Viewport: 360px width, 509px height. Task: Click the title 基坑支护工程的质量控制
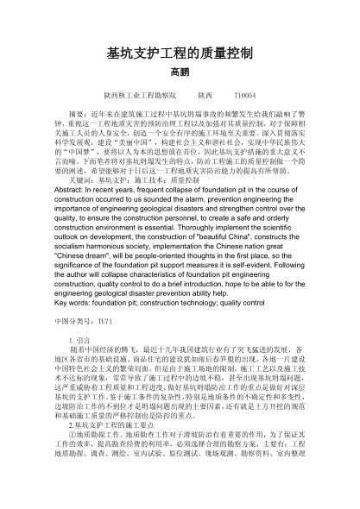[x=179, y=53]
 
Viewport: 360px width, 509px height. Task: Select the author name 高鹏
[x=179, y=72]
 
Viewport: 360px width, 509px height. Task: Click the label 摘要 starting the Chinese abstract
[x=79, y=113]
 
